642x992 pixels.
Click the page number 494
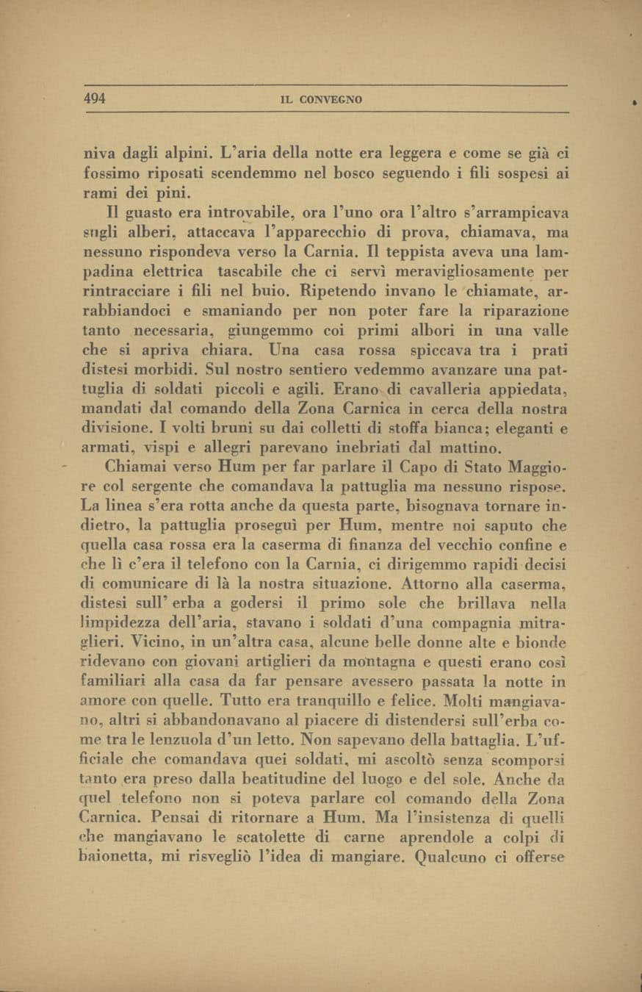point(94,99)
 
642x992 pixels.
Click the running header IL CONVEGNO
point(322,100)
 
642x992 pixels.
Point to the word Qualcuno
point(457,856)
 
